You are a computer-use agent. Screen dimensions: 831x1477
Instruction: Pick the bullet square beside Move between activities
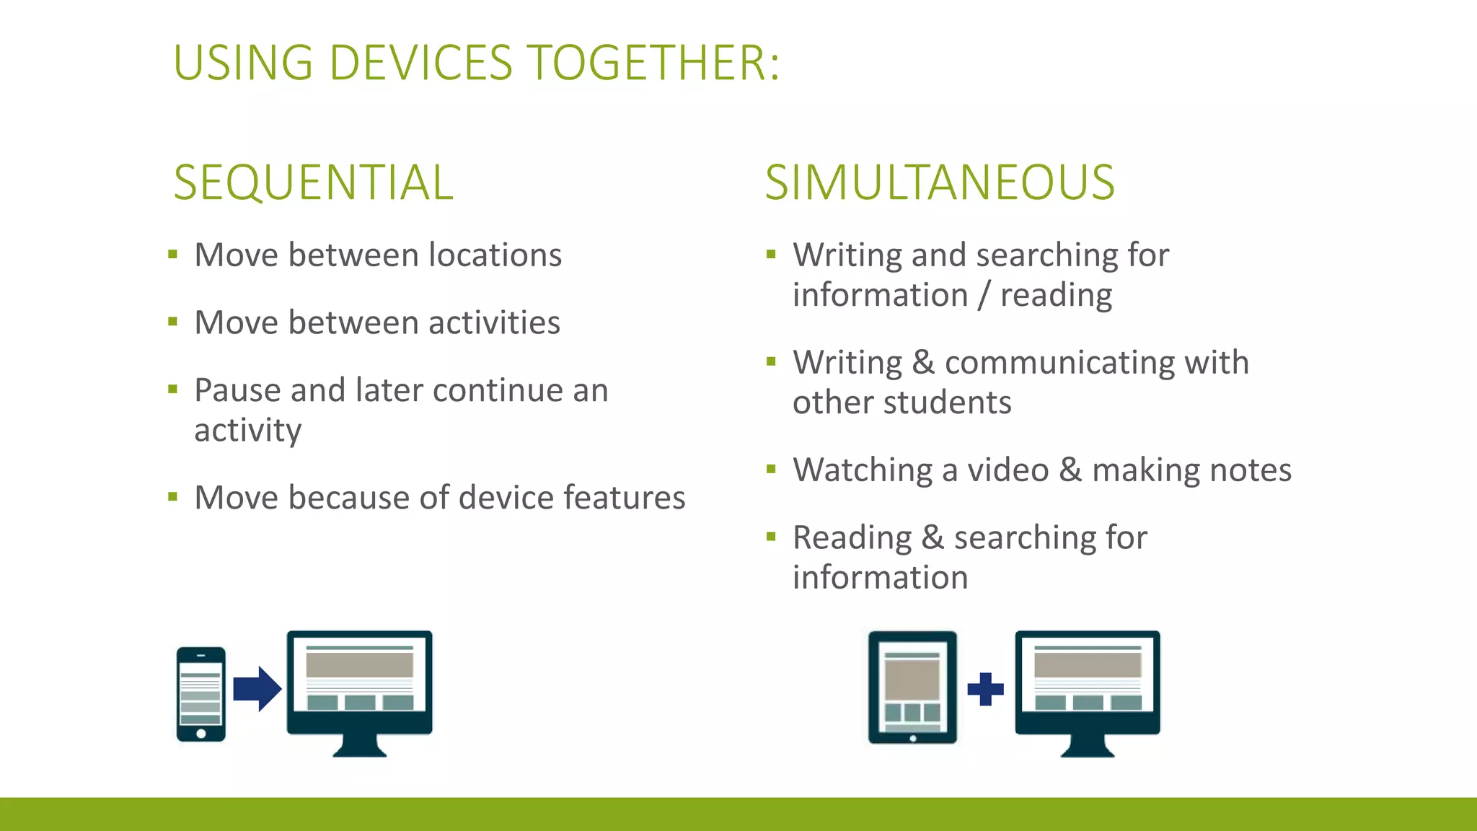(x=172, y=322)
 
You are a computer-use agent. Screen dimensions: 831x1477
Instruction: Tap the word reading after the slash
(x=1056, y=296)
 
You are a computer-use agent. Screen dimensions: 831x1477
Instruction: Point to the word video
(x=1008, y=470)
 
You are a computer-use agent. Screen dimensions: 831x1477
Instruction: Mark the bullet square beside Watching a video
(x=771, y=470)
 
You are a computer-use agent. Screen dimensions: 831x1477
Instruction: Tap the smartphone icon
(x=201, y=693)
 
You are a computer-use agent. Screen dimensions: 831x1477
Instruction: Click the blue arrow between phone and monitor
(x=257, y=689)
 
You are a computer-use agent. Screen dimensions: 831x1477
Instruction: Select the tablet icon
(x=912, y=687)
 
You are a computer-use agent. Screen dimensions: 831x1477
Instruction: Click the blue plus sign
(x=985, y=689)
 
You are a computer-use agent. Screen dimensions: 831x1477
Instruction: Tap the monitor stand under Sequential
(x=359, y=746)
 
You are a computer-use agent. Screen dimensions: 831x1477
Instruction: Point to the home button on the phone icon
(x=201, y=734)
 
